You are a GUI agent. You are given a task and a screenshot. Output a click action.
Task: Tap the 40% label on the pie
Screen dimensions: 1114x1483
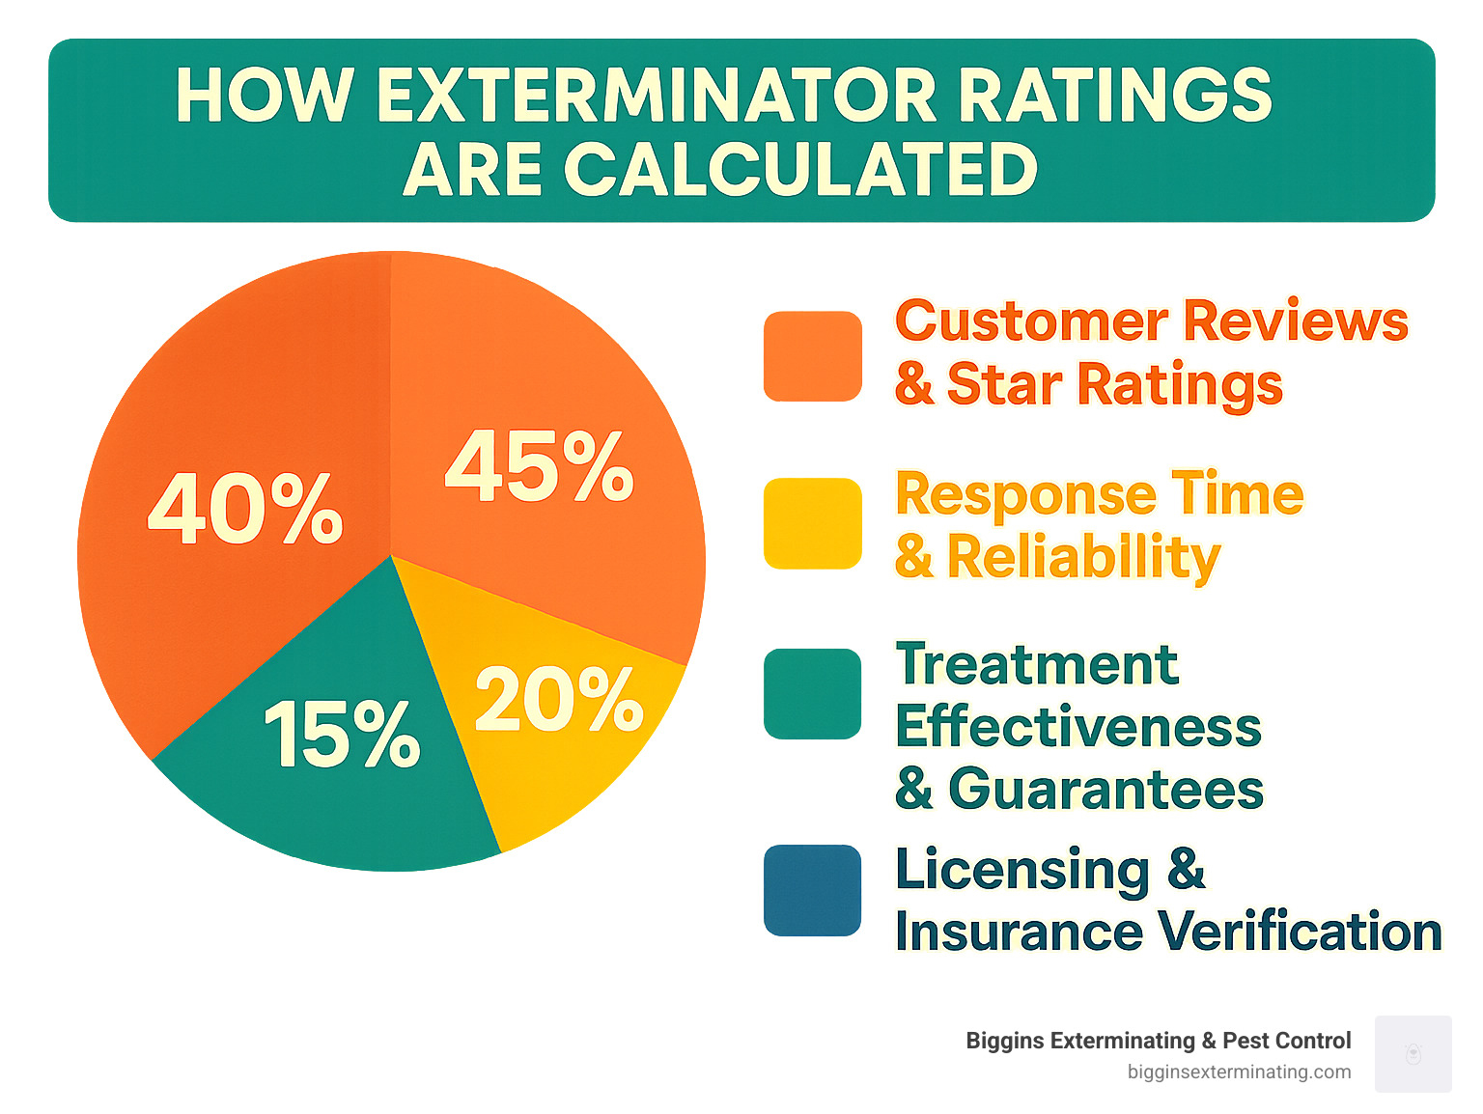tap(245, 509)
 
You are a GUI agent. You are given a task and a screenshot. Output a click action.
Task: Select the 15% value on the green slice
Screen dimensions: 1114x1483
tap(342, 735)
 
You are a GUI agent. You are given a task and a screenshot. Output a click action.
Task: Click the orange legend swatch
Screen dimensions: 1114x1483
tap(812, 356)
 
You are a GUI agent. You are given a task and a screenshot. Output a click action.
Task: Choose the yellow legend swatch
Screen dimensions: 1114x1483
tap(812, 523)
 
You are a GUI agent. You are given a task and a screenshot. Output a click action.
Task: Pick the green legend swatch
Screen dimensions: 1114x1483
tap(812, 694)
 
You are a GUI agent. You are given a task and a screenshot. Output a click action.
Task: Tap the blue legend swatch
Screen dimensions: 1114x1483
tap(812, 890)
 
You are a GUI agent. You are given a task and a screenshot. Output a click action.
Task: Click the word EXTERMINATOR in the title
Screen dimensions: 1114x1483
tap(656, 96)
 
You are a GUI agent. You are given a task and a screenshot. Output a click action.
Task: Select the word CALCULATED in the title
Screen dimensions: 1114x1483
tap(800, 170)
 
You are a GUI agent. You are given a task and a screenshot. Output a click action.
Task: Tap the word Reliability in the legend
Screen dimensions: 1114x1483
tap(1083, 557)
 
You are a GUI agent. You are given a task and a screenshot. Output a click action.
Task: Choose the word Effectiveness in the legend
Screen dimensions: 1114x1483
tap(1077, 727)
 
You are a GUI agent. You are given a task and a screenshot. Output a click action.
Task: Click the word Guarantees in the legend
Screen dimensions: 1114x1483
tap(1105, 790)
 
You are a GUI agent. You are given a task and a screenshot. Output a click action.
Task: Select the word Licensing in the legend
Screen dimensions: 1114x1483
tap(1022, 871)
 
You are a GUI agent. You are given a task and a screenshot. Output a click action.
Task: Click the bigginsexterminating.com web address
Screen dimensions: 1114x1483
tap(1239, 1072)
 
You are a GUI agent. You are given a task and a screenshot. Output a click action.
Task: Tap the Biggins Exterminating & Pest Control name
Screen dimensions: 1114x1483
tap(1158, 1041)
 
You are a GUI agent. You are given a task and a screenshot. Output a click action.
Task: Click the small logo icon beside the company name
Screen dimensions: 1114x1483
tap(1413, 1054)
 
